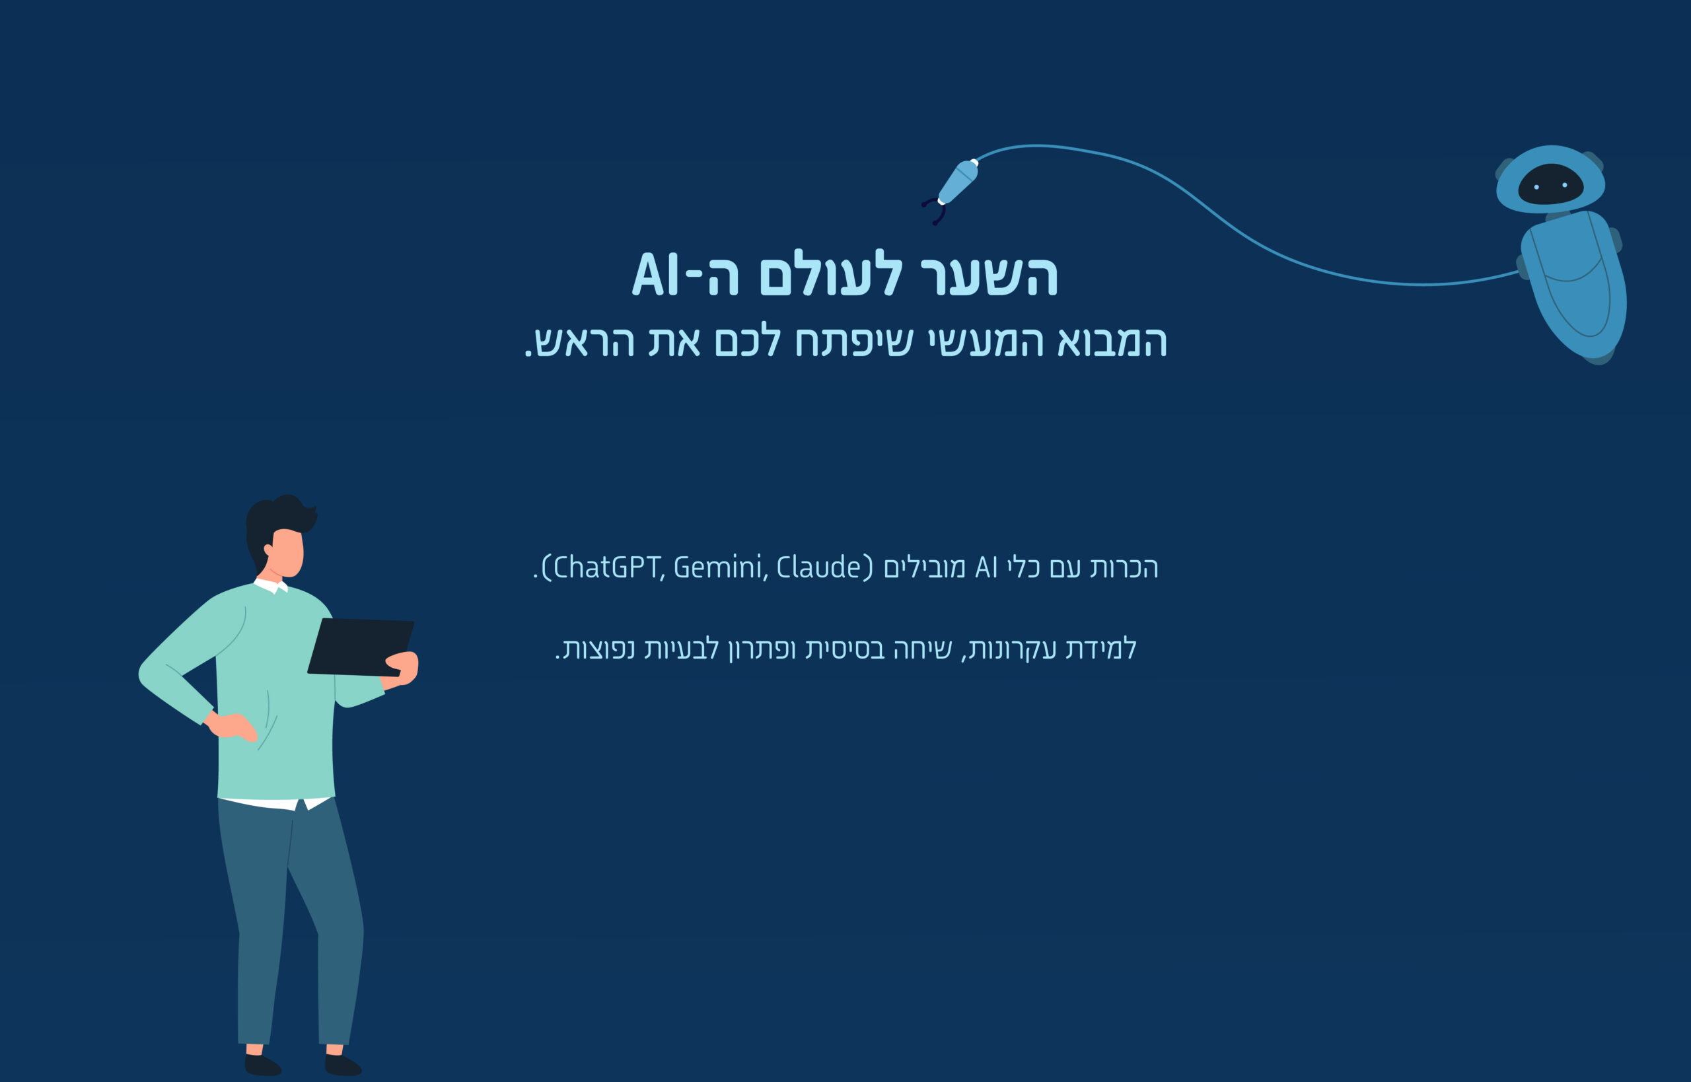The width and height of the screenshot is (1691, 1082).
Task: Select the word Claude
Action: [818, 567]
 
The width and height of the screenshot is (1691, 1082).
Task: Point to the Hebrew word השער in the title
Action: [989, 275]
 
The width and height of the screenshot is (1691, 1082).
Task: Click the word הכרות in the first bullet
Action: [1124, 567]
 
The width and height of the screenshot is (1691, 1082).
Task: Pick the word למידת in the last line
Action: [1101, 648]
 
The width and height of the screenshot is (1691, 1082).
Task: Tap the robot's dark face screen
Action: [1550, 184]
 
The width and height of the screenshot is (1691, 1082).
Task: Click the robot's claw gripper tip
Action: [933, 211]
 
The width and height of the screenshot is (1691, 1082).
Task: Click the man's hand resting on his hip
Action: [231, 725]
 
